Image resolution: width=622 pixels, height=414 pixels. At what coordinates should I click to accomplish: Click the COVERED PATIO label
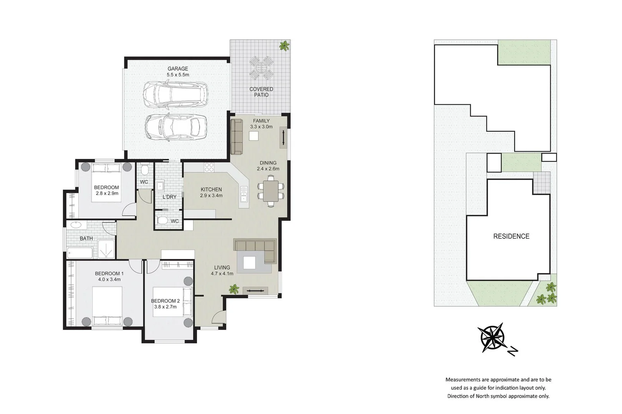(261, 92)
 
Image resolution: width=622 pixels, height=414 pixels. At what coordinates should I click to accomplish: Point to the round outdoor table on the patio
(261, 68)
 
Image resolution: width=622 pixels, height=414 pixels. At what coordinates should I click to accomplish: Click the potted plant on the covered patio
(284, 46)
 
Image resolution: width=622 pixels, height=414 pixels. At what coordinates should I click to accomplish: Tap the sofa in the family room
(237, 136)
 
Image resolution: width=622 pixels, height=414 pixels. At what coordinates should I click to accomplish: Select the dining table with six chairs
(271, 191)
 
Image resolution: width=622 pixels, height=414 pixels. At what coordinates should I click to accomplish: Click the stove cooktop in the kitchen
(209, 167)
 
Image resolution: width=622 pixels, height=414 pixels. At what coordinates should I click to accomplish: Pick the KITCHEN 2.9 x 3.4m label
(211, 192)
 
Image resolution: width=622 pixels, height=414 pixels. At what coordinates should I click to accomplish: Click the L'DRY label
(169, 197)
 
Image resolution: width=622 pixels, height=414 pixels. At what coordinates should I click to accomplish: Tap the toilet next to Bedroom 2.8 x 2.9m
(144, 170)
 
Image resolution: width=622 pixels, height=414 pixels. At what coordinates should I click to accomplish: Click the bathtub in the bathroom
(80, 253)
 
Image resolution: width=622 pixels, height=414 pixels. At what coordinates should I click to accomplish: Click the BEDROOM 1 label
(109, 276)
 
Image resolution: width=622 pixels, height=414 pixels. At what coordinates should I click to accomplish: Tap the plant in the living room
(234, 289)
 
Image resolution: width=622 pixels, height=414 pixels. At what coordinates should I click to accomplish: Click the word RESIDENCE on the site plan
(511, 237)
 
